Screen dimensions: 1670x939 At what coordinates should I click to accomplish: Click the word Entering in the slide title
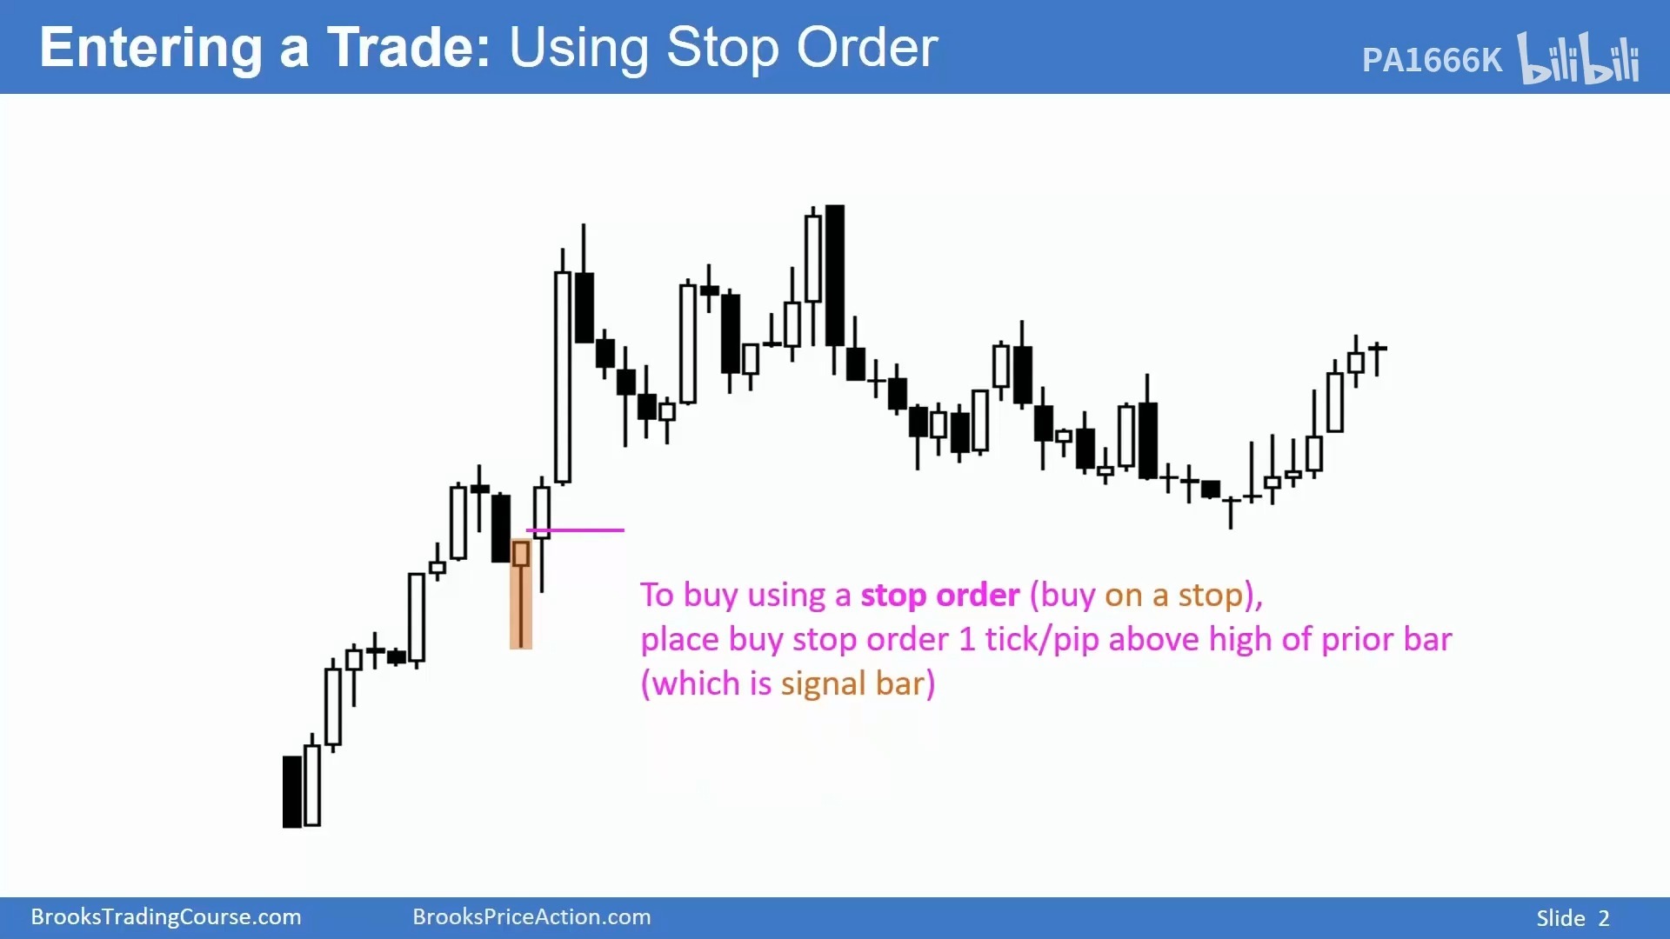[x=150, y=49]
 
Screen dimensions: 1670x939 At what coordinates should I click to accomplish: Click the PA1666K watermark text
[x=1432, y=60]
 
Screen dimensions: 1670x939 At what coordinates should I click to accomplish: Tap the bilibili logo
[x=1579, y=58]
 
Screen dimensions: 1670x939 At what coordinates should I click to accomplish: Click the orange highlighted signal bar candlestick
[x=521, y=594]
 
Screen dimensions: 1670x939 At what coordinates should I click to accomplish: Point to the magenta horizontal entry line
[x=575, y=529]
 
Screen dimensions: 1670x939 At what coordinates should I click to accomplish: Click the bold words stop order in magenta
[x=939, y=596]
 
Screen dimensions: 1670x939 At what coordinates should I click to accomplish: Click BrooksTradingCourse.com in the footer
[x=166, y=917]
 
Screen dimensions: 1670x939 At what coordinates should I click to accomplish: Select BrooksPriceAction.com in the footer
[x=531, y=917]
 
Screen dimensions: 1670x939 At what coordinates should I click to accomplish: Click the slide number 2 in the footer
[x=1604, y=919]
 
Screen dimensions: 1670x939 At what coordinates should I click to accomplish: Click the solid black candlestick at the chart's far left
[x=292, y=791]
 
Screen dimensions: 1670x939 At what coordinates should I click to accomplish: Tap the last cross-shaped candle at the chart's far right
[x=1377, y=356]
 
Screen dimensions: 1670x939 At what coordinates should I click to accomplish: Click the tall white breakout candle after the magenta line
[x=563, y=374]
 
